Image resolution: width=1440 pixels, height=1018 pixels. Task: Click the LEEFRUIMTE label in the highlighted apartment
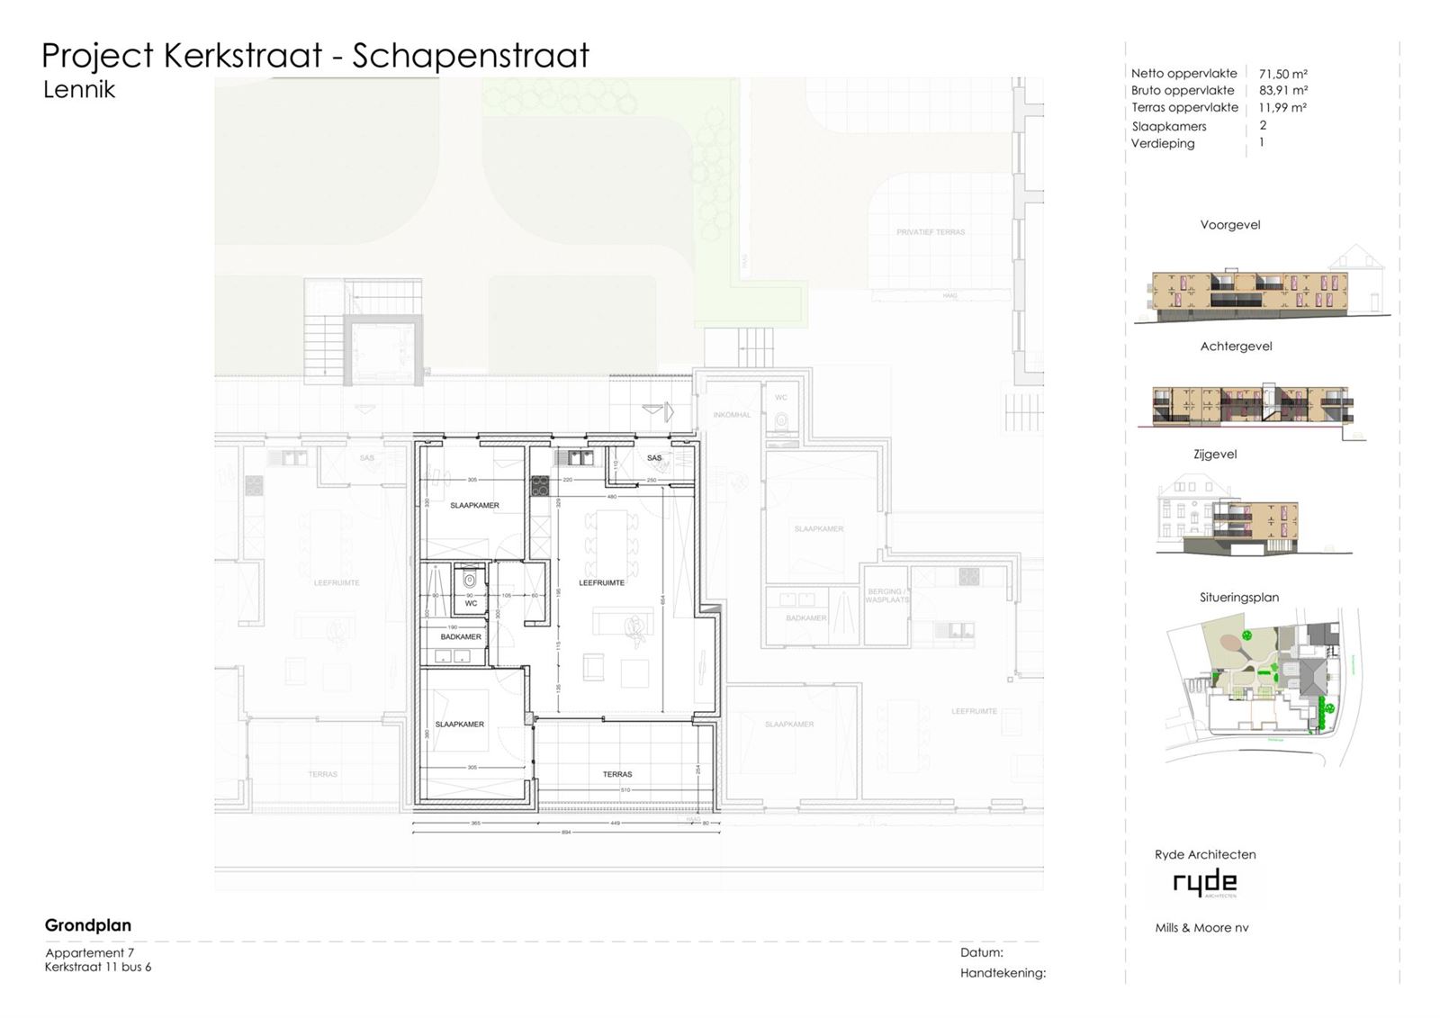[601, 582]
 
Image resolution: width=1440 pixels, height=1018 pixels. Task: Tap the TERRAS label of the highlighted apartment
[617, 774]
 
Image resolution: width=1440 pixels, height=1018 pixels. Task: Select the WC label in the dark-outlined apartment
[471, 603]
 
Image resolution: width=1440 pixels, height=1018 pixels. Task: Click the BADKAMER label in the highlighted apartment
[461, 636]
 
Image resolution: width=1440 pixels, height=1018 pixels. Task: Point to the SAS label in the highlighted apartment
[654, 458]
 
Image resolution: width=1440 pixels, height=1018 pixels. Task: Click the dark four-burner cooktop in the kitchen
[540, 486]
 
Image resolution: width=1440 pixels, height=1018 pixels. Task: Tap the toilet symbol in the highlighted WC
[470, 581]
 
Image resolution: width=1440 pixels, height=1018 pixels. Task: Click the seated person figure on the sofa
[637, 628]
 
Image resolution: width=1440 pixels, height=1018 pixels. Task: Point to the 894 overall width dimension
[566, 833]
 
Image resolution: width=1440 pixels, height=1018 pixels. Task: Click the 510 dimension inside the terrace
[625, 790]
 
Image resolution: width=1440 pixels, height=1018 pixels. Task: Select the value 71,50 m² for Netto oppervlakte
[1282, 74]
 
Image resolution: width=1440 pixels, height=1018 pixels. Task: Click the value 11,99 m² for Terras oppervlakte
[1282, 107]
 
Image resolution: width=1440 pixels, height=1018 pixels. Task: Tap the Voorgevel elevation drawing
[1255, 293]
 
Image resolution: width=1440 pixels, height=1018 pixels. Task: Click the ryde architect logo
[1205, 883]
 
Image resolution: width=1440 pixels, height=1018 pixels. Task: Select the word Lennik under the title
[79, 90]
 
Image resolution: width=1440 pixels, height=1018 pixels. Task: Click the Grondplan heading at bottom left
[88, 925]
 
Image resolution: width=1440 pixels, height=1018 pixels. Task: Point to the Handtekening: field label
[1003, 973]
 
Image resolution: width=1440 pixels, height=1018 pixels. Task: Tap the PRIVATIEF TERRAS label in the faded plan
[931, 232]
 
